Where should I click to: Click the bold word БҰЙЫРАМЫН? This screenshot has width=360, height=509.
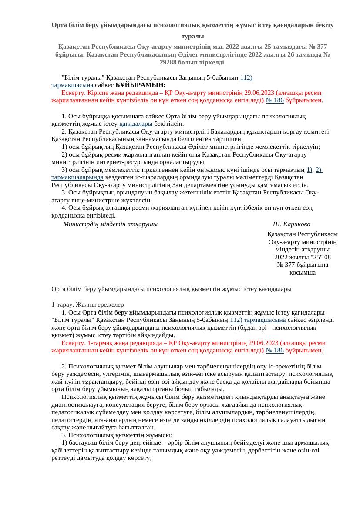(141, 85)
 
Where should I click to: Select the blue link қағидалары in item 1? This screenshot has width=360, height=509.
(136, 124)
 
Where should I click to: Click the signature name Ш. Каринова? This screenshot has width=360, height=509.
(291, 224)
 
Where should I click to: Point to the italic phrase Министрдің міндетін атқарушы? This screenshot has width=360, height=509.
(110, 224)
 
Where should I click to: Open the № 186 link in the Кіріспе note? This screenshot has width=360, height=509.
(275, 100)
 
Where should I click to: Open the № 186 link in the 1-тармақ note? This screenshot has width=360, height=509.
(275, 350)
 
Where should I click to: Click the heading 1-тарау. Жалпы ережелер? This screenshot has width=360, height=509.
(87, 305)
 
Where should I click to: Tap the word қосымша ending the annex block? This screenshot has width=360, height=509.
(303, 272)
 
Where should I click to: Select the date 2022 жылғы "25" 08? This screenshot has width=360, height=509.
(303, 257)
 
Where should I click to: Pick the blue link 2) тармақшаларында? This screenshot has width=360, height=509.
(77, 177)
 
